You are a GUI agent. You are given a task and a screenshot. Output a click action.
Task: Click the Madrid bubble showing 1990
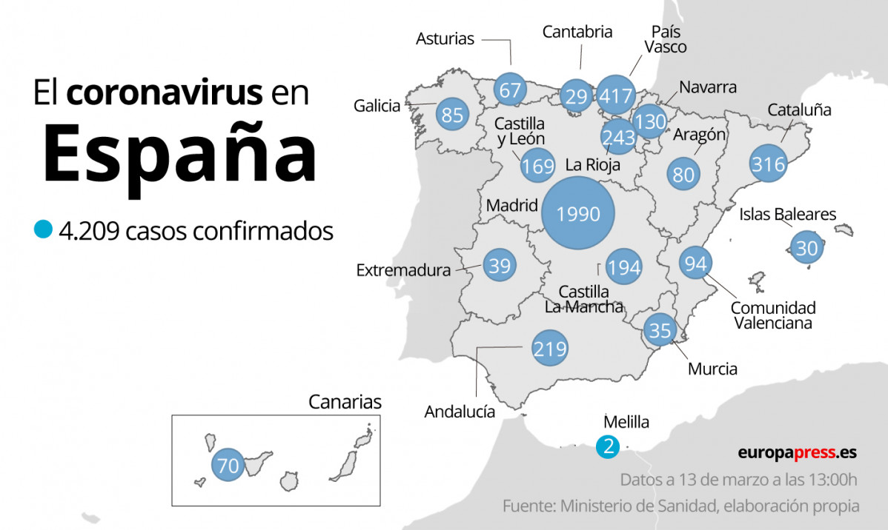578,214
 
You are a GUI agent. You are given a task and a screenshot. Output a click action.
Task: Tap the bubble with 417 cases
616,95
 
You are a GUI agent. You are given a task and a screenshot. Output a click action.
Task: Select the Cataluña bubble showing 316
768,164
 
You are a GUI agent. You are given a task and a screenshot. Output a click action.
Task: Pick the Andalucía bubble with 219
550,349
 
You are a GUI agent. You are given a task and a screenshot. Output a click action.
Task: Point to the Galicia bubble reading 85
452,115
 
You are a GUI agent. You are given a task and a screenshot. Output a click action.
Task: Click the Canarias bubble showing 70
229,466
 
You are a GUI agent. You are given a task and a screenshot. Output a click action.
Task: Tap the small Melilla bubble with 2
608,446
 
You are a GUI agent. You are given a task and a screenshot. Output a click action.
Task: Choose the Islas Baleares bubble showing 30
806,248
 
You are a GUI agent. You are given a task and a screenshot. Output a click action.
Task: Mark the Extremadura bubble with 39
500,265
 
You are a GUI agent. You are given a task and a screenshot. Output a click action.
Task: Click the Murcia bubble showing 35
659,329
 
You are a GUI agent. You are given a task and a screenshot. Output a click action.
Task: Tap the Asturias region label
445,38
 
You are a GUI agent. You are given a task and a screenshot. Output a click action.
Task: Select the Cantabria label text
577,32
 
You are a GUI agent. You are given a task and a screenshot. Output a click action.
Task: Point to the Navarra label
708,87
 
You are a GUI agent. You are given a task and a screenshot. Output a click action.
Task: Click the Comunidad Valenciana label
772,315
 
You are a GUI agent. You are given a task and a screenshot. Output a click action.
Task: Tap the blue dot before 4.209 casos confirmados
44,229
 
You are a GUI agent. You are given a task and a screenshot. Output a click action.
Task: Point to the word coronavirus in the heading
164,93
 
